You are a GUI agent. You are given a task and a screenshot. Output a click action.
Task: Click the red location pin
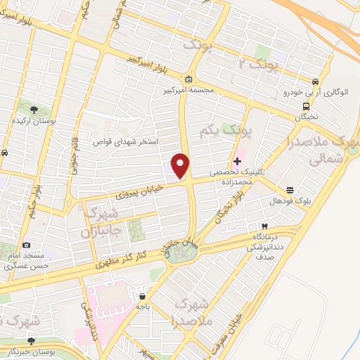click(181, 165)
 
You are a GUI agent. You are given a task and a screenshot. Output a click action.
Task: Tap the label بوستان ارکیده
click(34, 120)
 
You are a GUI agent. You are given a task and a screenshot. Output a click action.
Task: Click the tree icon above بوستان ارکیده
click(34, 108)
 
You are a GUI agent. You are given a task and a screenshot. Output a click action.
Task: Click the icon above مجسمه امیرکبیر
click(189, 79)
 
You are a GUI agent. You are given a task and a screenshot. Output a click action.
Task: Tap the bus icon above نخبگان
click(307, 107)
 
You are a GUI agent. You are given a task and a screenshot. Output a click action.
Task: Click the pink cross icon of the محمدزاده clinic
click(237, 162)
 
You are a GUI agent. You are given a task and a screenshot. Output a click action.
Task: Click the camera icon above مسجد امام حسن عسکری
click(27, 245)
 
